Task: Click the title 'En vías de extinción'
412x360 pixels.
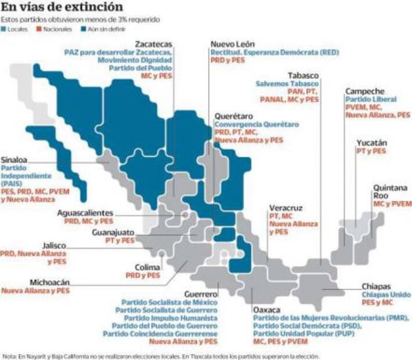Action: (62, 8)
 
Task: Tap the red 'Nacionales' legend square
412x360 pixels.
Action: (41, 28)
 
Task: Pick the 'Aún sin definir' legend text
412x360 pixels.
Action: (107, 28)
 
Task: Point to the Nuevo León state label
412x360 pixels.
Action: (232, 44)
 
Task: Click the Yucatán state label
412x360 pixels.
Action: (372, 143)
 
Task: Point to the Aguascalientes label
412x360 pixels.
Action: (85, 213)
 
